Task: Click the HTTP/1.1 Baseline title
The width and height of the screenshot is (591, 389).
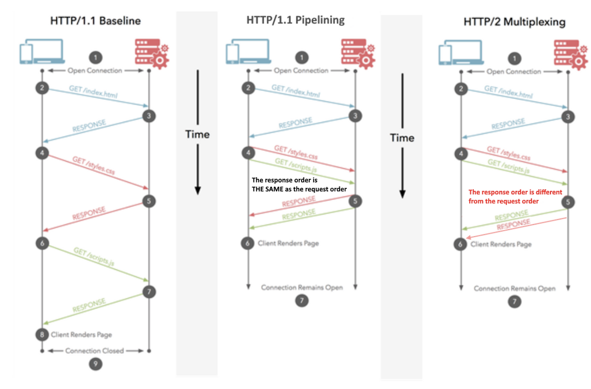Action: (95, 21)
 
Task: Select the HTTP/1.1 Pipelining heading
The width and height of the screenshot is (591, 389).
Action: (295, 20)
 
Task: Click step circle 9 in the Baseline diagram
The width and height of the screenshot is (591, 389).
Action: (95, 364)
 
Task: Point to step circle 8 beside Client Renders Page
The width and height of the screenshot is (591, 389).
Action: (42, 334)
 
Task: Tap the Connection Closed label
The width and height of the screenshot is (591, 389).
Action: (95, 351)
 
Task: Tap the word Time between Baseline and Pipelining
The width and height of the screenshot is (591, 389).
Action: (197, 134)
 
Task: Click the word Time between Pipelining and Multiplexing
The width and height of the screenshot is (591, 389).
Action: (402, 138)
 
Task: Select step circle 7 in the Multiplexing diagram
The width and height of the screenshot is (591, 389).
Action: (514, 302)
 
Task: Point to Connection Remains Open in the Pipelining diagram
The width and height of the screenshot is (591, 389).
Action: (302, 287)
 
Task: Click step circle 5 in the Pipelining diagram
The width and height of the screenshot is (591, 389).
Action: (355, 201)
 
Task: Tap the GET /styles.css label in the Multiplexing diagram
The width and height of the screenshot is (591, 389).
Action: (509, 154)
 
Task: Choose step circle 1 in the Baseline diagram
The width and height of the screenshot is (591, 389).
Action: (95, 58)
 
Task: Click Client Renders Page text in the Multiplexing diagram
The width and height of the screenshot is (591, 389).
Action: (501, 244)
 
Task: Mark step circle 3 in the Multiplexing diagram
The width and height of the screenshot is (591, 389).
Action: (568, 117)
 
